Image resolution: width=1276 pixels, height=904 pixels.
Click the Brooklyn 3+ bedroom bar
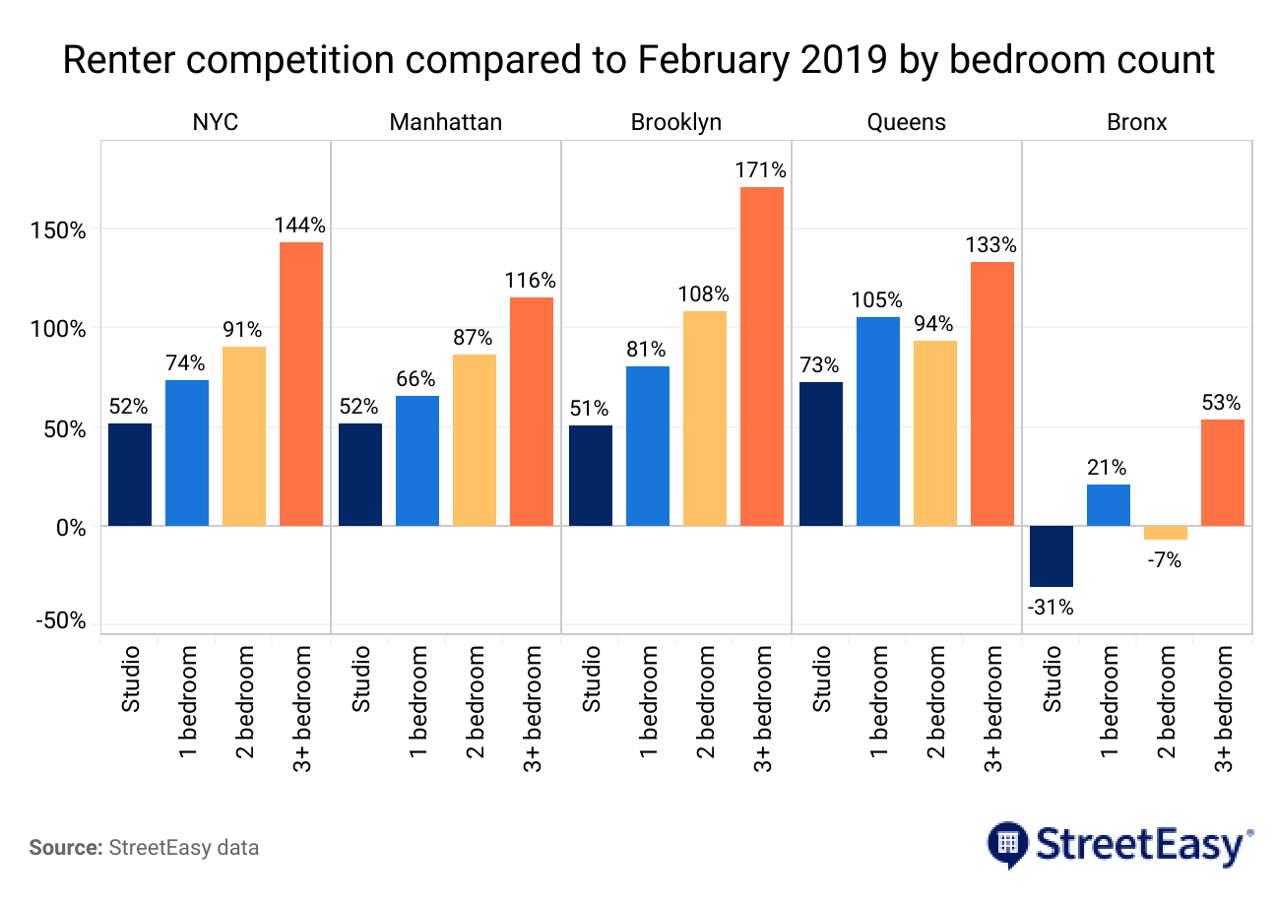(762, 356)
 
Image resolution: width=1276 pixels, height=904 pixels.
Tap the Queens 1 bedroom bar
(878, 421)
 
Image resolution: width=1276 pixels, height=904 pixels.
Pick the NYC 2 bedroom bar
(244, 436)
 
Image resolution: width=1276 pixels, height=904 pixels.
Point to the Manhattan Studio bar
(360, 475)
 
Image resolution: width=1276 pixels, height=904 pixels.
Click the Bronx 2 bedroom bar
(1166, 533)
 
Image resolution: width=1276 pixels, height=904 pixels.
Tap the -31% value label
(1050, 609)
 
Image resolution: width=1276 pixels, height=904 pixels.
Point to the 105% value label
(878, 300)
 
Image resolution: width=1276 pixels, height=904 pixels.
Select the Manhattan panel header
(445, 122)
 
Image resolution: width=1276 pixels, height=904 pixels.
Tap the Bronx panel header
(1136, 122)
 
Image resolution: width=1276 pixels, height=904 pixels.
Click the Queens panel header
(906, 122)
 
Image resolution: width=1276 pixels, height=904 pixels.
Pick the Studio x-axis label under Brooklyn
(591, 678)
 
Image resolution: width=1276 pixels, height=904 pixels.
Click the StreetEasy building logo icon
(1007, 843)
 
